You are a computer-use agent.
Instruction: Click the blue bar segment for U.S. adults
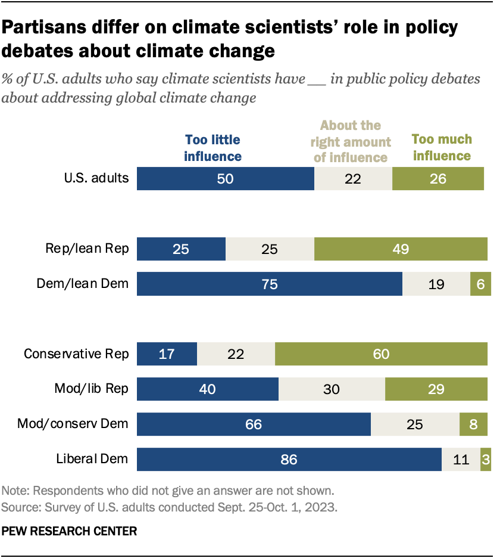[225, 179]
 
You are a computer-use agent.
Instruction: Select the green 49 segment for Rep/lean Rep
[401, 249]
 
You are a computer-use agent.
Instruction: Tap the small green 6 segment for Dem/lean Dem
[479, 284]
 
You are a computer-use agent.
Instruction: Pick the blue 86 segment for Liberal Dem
[289, 459]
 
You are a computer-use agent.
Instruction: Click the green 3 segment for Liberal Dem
[485, 459]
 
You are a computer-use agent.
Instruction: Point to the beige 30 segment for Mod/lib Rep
[332, 389]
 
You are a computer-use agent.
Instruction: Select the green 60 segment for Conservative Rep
[381, 354]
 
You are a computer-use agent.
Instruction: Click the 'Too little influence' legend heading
[213, 148]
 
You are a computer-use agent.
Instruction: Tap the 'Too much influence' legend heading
[442, 148]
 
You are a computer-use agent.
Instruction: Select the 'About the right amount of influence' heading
[351, 141]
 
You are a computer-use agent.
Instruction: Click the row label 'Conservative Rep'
[76, 354]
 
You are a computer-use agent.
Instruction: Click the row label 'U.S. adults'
[97, 178]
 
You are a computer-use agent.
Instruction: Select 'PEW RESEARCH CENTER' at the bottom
[70, 531]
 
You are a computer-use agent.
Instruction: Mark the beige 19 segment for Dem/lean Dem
[436, 284]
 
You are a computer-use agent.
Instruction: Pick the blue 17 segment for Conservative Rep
[167, 354]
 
